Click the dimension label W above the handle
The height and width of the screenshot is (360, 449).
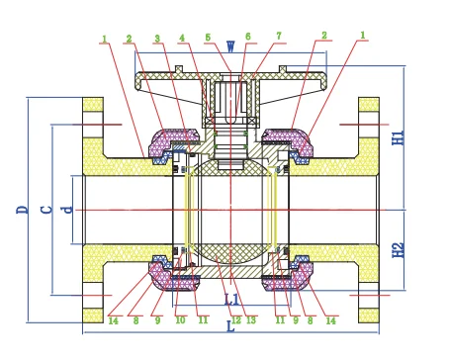point(230,46)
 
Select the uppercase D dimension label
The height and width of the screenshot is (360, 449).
point(22,210)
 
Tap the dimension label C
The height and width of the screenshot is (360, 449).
point(46,210)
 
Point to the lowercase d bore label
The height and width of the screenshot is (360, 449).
point(67,210)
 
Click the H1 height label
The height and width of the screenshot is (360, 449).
point(398,137)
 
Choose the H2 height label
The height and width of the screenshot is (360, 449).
point(398,250)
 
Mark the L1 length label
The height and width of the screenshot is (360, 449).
point(231,300)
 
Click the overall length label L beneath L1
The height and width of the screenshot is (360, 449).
point(230,326)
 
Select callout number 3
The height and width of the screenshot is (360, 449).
point(157,39)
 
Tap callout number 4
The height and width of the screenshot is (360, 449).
point(182,38)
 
